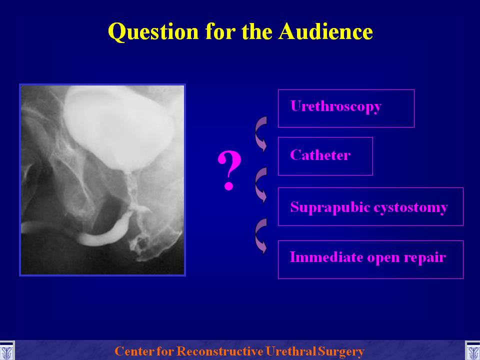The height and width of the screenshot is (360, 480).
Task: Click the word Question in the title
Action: click(x=153, y=32)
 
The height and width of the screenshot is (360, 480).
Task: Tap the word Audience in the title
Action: click(x=325, y=31)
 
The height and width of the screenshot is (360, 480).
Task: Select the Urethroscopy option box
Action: click(x=346, y=108)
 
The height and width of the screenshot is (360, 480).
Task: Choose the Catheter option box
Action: click(x=325, y=156)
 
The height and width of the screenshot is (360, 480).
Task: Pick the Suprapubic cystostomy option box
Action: click(x=370, y=206)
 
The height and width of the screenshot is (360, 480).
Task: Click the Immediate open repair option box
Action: click(x=370, y=259)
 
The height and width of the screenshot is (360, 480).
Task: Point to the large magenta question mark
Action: click(x=229, y=170)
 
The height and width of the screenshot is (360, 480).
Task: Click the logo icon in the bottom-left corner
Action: click(x=7, y=350)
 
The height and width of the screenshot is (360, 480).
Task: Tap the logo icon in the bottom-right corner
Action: click(x=472, y=350)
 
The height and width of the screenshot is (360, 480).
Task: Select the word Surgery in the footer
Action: click(x=341, y=351)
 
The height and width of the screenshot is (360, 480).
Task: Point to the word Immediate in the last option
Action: click(x=326, y=256)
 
